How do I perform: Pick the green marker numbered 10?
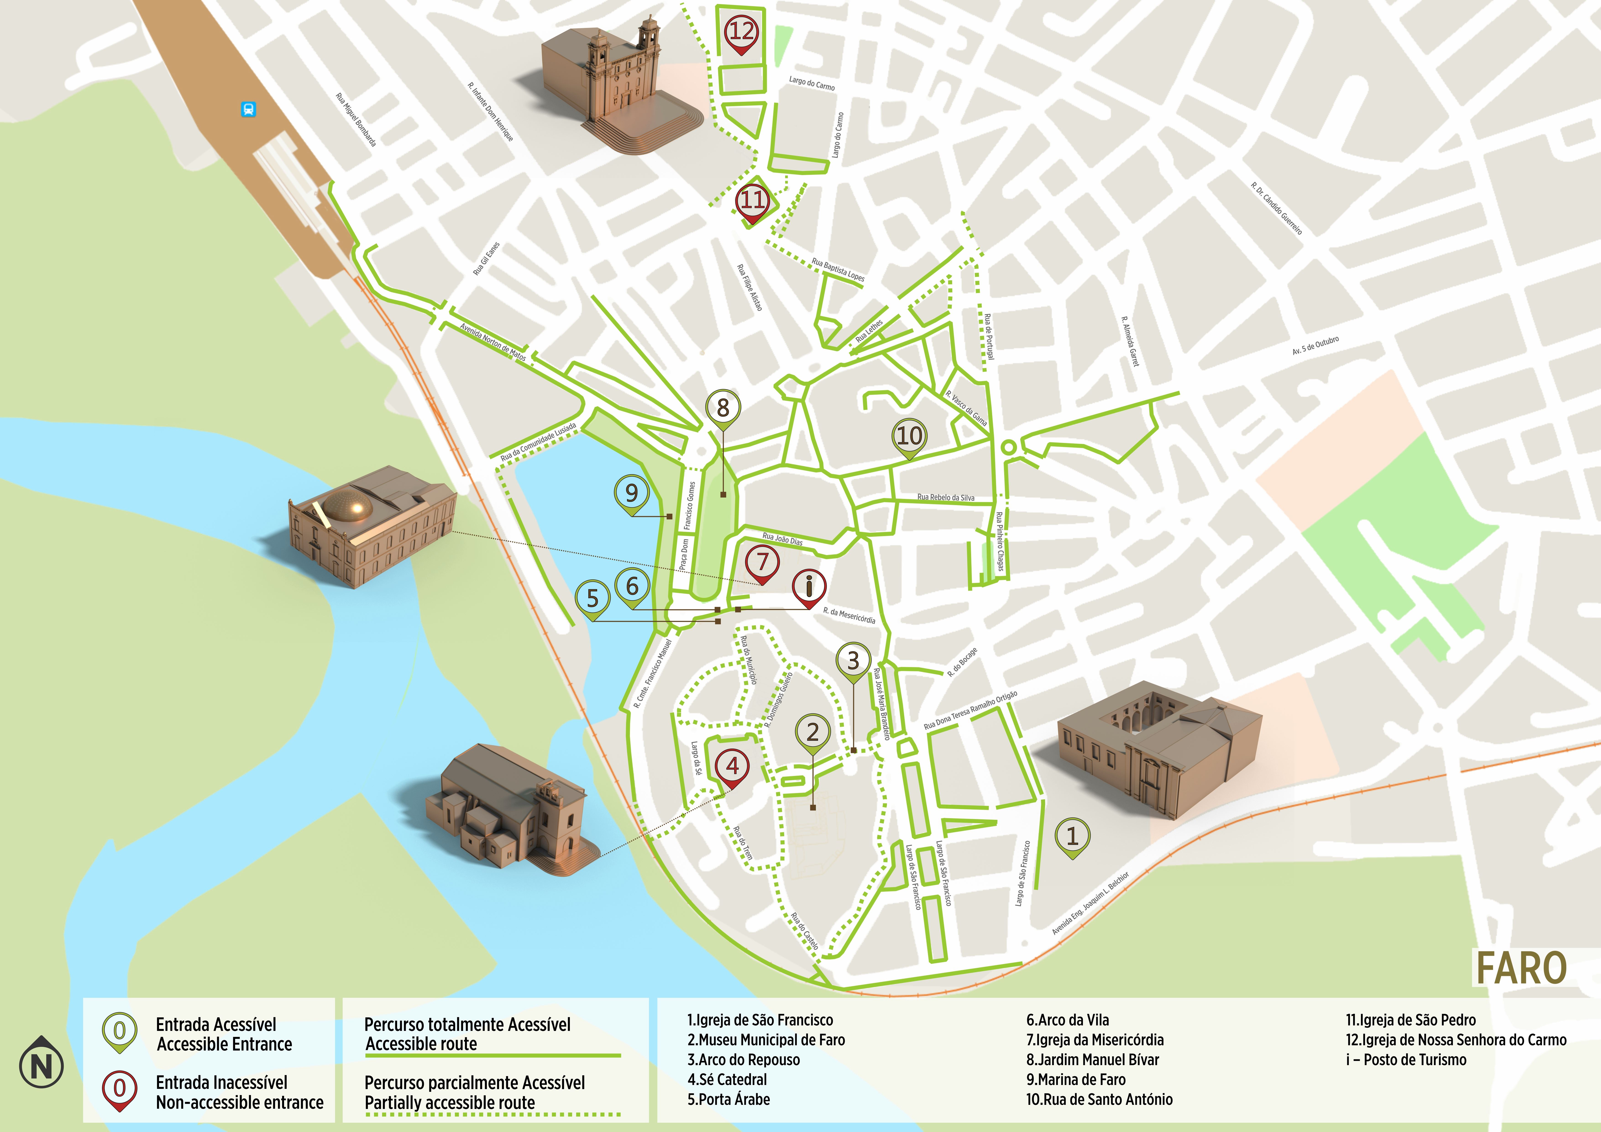(x=909, y=437)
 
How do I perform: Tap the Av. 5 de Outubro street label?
(x=1315, y=346)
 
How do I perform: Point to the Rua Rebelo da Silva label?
(x=946, y=497)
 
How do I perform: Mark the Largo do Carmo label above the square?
(x=812, y=84)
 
